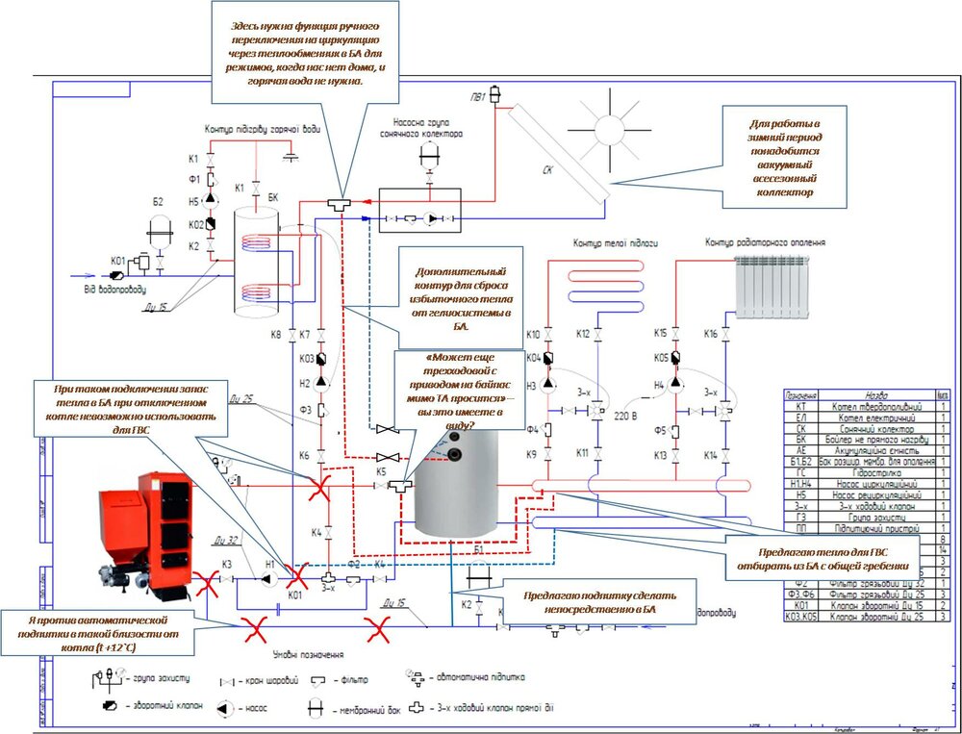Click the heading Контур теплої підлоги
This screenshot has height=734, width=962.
[x=615, y=244]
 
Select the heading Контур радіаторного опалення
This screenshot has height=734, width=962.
[x=765, y=243]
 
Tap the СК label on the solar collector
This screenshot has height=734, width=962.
[x=546, y=172]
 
